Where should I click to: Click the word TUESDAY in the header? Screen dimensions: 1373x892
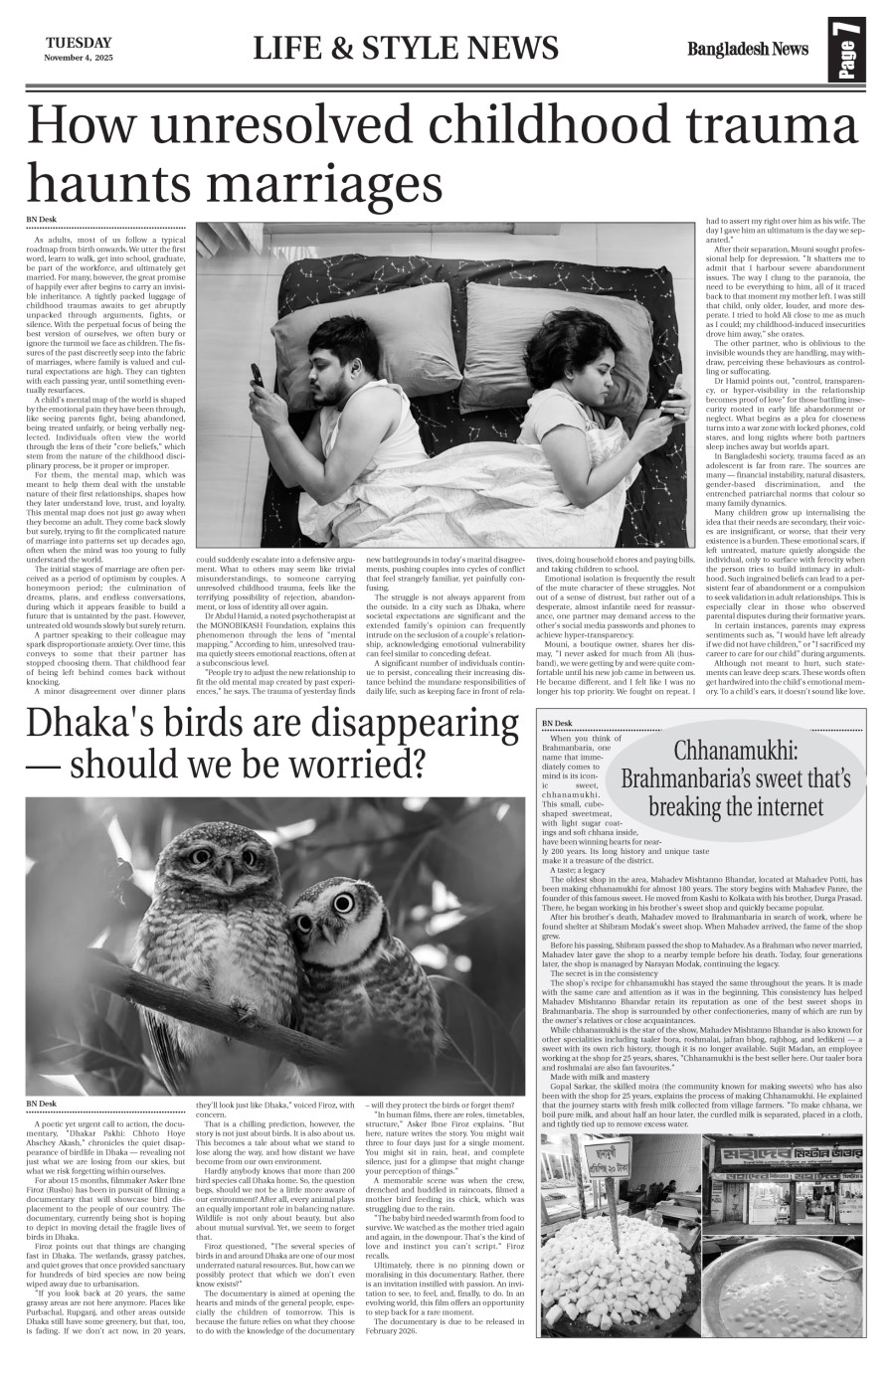[x=78, y=42]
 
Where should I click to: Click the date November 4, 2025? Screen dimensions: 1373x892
[x=79, y=57]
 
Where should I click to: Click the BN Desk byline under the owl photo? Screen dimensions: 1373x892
[x=42, y=1132]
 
